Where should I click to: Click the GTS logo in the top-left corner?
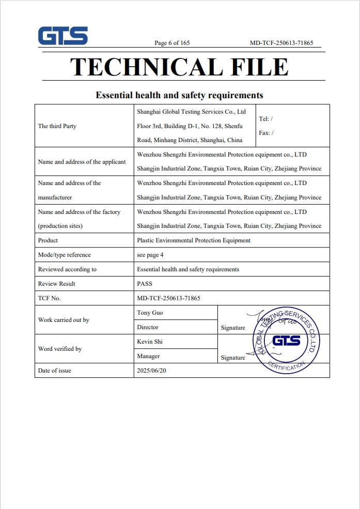click(x=62, y=36)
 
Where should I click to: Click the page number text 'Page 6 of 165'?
click(x=172, y=43)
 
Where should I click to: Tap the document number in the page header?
click(x=281, y=43)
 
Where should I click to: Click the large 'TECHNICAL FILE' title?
click(x=179, y=67)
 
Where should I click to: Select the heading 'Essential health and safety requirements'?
click(x=179, y=95)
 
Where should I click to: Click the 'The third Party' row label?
click(x=57, y=126)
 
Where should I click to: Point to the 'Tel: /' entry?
click(x=265, y=119)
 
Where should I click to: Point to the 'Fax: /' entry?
click(x=266, y=133)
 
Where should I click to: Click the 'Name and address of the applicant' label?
click(x=82, y=162)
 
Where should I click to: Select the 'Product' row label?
click(x=48, y=240)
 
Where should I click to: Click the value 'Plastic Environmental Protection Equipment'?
click(x=194, y=240)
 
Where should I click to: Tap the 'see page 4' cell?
click(x=150, y=255)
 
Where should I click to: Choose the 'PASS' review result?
click(x=145, y=284)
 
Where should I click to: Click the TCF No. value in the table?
click(x=168, y=298)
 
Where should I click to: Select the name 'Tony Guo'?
click(x=150, y=313)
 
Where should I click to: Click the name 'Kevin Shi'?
click(x=150, y=342)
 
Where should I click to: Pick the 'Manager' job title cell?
click(x=148, y=356)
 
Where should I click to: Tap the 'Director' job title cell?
click(x=148, y=327)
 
